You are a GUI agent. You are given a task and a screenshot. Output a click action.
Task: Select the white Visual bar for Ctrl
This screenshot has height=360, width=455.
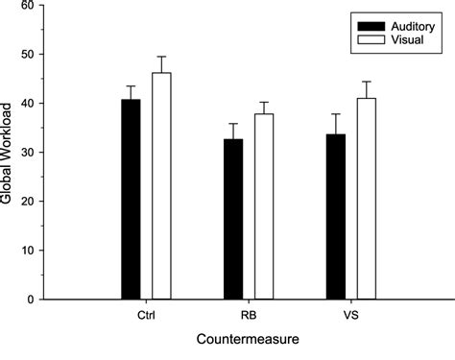pos(161,186)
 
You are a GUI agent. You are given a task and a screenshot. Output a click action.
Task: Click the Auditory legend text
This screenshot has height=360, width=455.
pos(406,24)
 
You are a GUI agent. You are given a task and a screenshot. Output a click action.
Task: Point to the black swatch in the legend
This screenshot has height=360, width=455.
pos(371,24)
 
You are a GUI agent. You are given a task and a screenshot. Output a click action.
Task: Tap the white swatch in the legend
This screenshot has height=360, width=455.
pos(371,39)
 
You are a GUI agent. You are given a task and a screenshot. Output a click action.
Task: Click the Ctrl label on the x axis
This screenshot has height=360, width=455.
pos(146,314)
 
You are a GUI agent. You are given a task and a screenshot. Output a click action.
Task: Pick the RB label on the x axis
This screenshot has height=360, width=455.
pos(249,314)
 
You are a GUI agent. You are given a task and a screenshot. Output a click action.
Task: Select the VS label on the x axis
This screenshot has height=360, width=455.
pos(351,314)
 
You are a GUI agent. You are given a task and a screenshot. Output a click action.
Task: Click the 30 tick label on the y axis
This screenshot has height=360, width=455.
pos(36,153)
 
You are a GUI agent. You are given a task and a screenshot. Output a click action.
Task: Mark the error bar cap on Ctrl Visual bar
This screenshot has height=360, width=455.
pos(161,57)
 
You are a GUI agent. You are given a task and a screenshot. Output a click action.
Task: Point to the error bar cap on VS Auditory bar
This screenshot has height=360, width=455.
pos(336,114)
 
